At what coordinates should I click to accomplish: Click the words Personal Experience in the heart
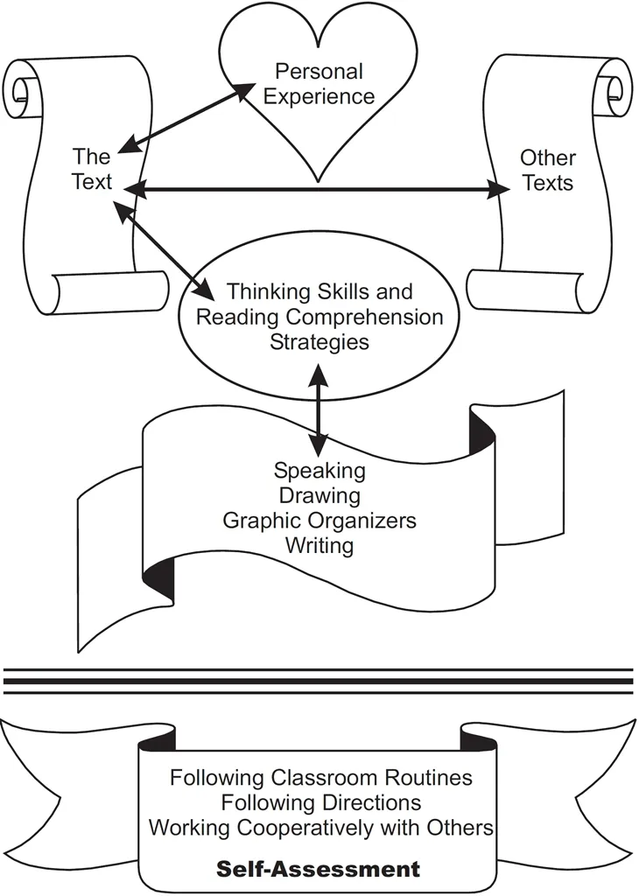(x=319, y=83)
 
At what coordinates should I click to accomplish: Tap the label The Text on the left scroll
(x=92, y=169)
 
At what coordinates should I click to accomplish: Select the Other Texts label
(x=548, y=170)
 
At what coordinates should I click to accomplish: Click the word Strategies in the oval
(x=319, y=341)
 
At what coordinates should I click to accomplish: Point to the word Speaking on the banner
(x=319, y=471)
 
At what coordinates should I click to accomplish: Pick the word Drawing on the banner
(x=319, y=496)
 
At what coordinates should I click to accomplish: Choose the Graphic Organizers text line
(x=319, y=521)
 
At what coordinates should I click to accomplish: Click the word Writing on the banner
(x=319, y=546)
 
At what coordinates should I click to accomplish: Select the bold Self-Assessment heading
(x=319, y=870)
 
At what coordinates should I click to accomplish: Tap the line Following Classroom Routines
(x=321, y=777)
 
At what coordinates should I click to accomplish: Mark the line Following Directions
(x=321, y=801)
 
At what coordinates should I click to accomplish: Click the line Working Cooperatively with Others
(x=321, y=826)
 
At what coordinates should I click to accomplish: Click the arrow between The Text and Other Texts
(x=315, y=188)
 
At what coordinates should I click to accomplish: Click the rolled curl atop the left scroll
(x=25, y=89)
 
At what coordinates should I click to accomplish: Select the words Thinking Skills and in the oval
(x=319, y=291)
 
